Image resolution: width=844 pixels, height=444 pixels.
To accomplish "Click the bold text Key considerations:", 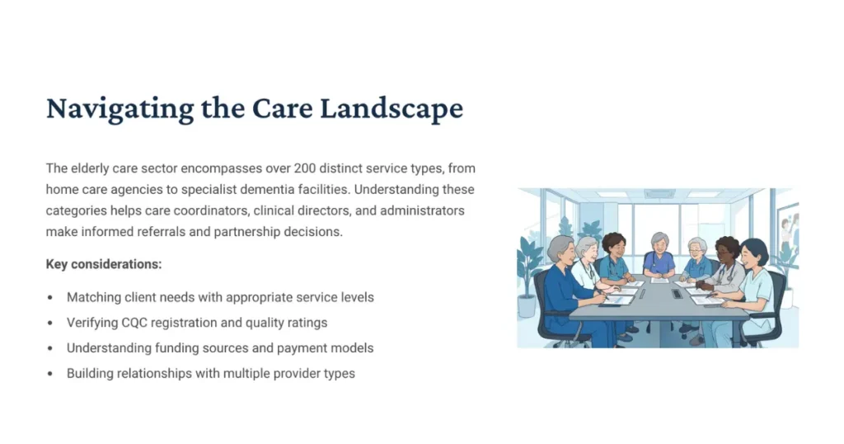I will [104, 264].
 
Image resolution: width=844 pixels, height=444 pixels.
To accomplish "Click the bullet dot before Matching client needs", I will [50, 297].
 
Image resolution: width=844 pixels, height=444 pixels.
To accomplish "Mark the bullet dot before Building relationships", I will [50, 374].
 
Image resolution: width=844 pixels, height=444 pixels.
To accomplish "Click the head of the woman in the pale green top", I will [753, 253].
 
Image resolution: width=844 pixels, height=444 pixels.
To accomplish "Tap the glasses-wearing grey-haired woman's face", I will [587, 248].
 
